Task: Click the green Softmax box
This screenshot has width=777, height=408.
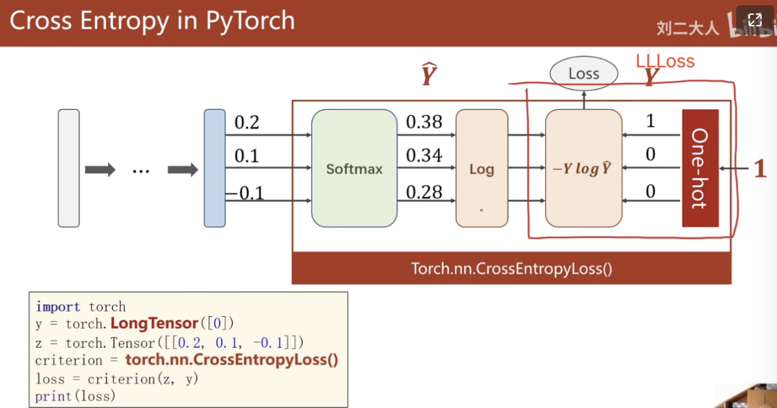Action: (354, 168)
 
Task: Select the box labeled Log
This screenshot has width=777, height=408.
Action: (482, 168)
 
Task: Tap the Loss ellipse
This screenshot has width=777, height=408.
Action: (584, 74)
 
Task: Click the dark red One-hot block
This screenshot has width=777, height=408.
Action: (700, 168)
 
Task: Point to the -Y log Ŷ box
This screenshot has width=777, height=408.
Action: (584, 168)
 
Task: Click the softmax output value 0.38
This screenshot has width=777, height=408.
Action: (424, 122)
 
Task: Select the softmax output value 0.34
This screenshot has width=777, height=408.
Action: (424, 155)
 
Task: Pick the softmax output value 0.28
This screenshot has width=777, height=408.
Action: (424, 192)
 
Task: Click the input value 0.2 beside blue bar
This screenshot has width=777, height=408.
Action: (247, 122)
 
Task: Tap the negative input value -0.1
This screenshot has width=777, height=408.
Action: (245, 193)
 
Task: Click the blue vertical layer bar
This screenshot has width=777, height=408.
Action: (215, 168)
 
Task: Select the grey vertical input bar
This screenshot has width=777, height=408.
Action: (69, 168)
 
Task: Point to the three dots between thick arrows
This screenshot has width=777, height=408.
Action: (141, 171)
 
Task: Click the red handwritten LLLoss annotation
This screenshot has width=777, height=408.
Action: (665, 61)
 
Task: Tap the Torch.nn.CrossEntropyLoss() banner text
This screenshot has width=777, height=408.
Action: (512, 268)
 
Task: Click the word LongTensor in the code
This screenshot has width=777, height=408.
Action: (154, 323)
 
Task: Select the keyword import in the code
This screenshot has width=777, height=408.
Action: (58, 307)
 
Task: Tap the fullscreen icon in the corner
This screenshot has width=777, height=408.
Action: (755, 20)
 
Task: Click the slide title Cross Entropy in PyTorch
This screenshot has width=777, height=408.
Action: (152, 20)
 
